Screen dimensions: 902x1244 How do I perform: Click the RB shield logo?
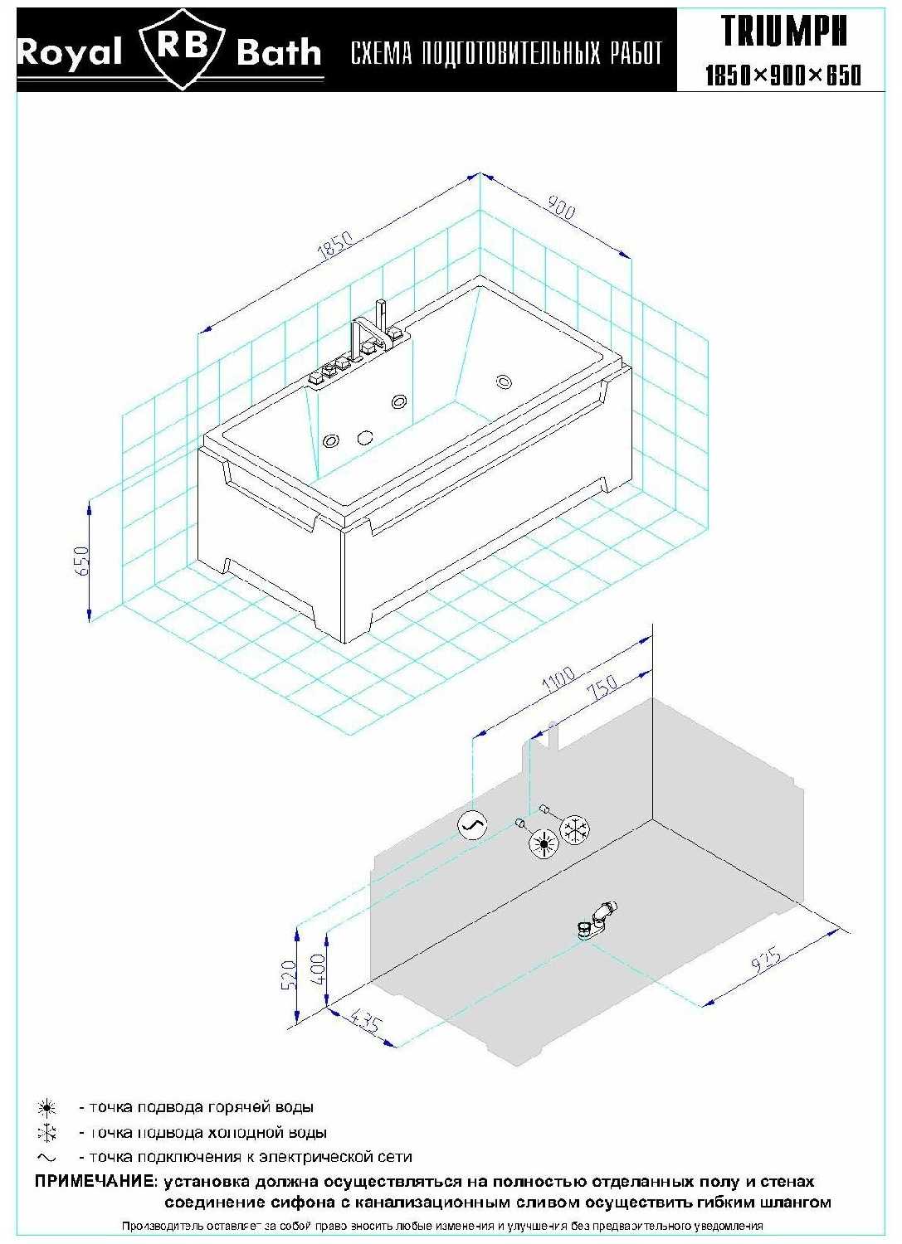coord(184,49)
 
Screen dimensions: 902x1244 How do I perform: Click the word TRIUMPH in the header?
coord(783,32)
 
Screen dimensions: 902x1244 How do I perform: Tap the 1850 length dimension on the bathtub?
coord(335,245)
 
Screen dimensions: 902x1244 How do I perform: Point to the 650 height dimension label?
coord(81,561)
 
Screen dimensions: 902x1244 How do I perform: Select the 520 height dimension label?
coord(289,974)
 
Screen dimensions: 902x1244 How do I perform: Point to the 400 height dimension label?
coord(318,969)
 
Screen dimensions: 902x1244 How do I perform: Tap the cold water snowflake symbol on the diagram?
coord(575,829)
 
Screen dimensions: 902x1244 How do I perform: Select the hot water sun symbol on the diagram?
coord(543,844)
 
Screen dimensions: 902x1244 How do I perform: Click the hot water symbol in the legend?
coord(46,1108)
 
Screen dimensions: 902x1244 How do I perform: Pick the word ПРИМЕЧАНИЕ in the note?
coord(94,1181)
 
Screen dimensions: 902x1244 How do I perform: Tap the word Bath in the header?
coord(279,52)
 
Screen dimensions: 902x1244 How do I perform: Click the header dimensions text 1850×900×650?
coord(783,75)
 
